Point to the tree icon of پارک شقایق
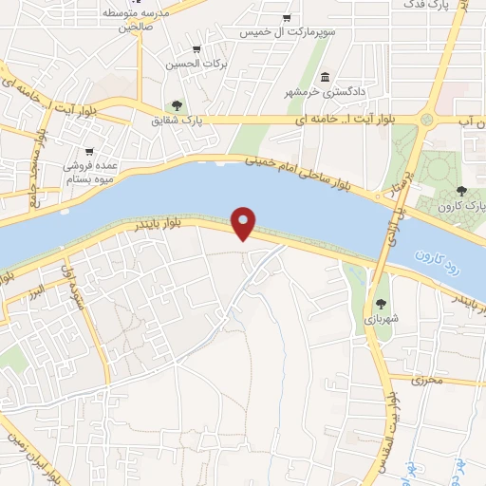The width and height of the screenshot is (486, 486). [177, 105]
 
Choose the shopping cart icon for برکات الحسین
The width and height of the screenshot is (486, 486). [196, 49]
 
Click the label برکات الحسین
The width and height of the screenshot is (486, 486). [196, 64]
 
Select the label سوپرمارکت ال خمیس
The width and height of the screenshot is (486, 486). [286, 31]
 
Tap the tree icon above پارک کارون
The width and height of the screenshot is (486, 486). [461, 191]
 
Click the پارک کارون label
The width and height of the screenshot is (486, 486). [462, 205]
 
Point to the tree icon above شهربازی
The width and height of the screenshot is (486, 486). [381, 304]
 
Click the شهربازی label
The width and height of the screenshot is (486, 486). [381, 319]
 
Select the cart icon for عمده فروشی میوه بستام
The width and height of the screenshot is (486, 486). [88, 151]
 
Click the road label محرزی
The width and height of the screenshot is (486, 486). [427, 381]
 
